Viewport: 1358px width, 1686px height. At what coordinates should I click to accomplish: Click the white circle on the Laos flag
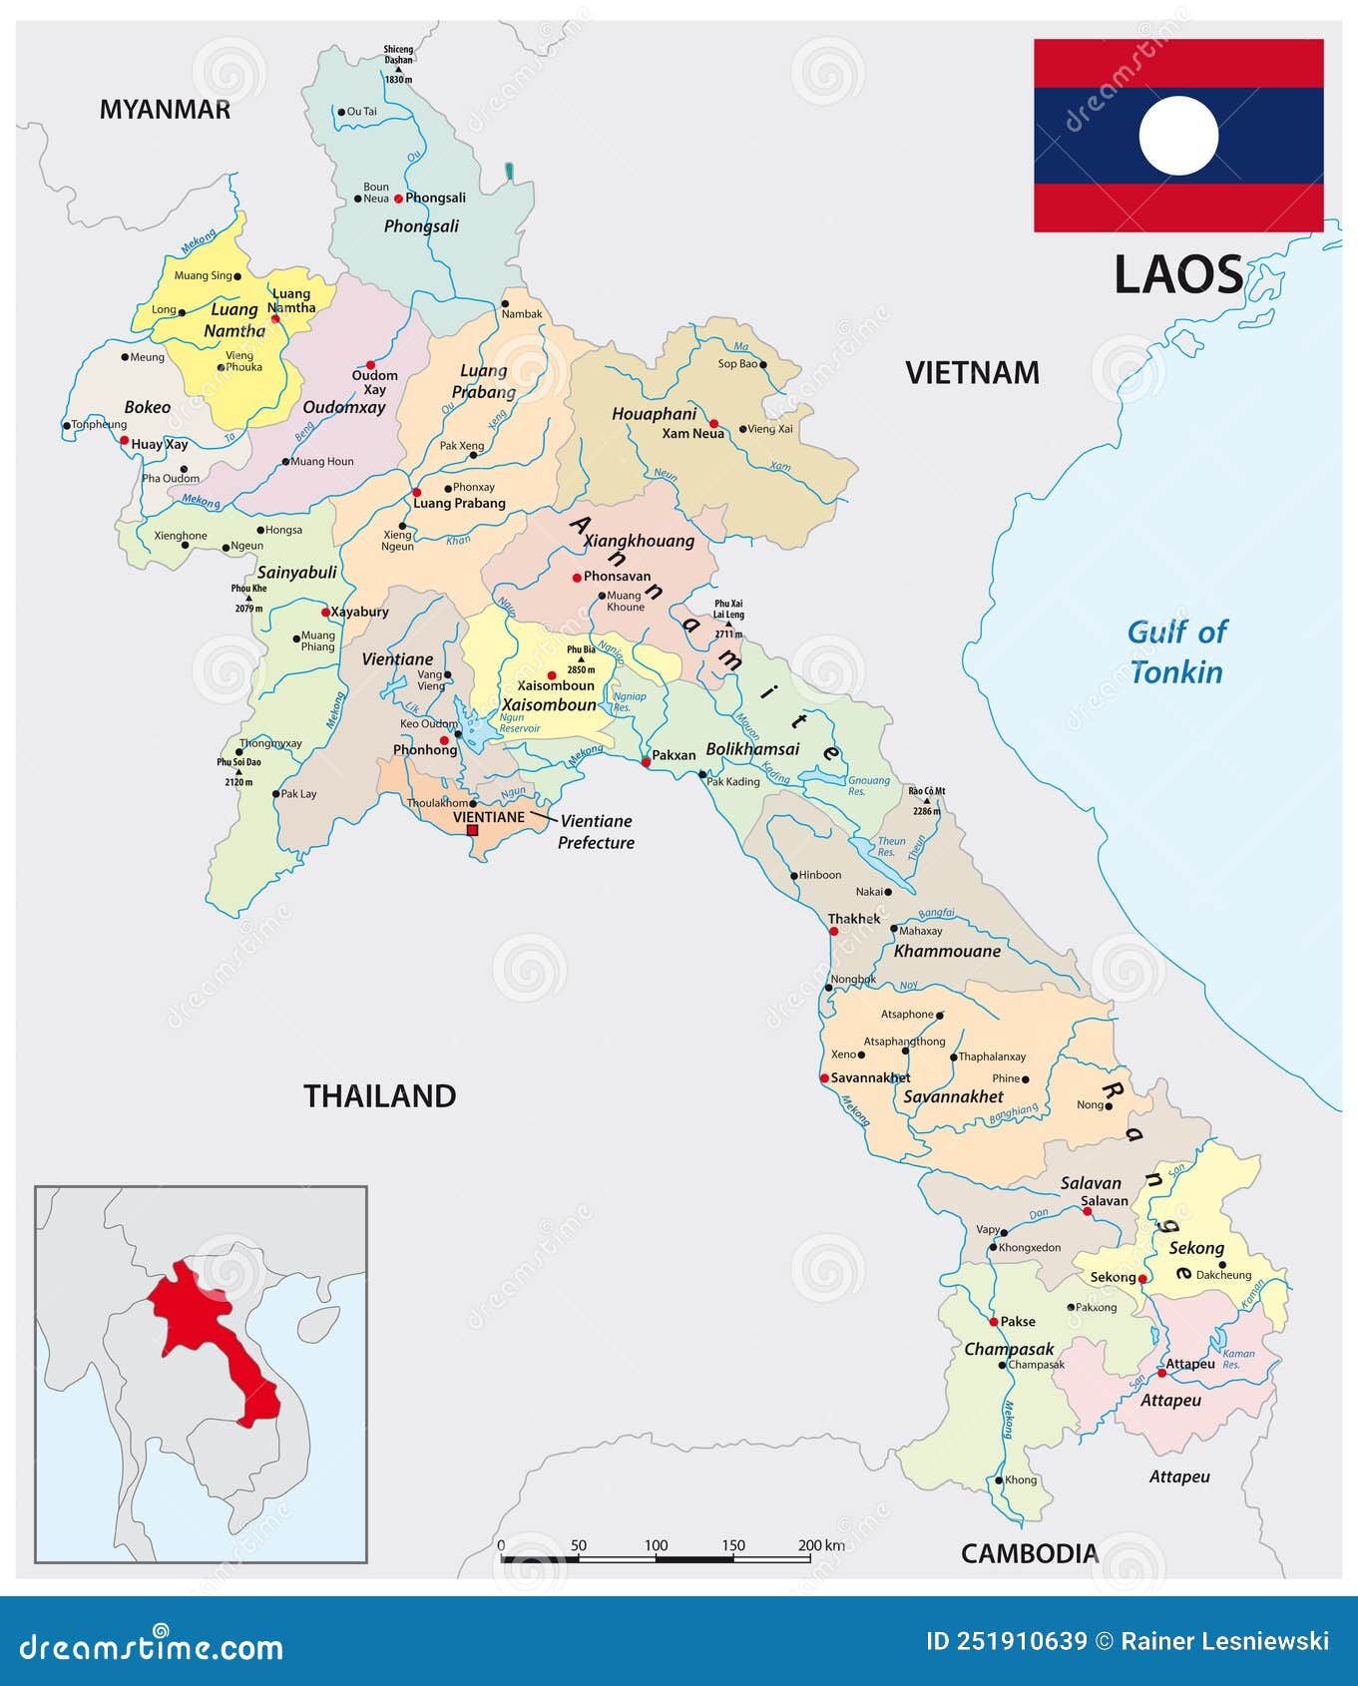(x=1178, y=136)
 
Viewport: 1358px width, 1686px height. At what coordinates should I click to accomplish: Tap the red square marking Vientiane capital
(x=473, y=830)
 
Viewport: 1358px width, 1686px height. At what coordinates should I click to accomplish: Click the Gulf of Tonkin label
(x=1176, y=651)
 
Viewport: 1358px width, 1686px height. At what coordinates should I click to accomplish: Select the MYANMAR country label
(x=165, y=110)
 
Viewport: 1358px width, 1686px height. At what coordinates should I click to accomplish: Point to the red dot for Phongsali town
(x=398, y=199)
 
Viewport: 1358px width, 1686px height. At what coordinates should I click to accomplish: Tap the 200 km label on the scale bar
(x=820, y=1545)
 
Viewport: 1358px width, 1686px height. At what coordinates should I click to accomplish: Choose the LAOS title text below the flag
(x=1178, y=275)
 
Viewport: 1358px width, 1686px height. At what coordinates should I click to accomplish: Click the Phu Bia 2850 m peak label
(x=581, y=658)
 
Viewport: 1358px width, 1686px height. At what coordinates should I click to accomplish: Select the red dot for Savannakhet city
(x=824, y=1077)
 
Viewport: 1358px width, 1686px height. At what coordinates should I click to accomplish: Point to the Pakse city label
(x=1017, y=1321)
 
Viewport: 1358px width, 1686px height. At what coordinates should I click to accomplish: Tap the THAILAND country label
(x=379, y=1095)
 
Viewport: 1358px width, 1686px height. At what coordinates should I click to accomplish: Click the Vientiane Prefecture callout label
(x=596, y=831)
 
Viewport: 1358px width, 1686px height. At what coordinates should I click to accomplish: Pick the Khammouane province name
(x=947, y=951)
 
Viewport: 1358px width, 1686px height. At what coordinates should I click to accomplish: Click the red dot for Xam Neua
(x=713, y=423)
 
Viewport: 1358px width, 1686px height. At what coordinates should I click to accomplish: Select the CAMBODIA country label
(x=1029, y=1552)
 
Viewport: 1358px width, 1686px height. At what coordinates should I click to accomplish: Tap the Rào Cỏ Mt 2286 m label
(x=926, y=800)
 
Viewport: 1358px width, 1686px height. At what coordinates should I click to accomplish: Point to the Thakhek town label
(x=854, y=918)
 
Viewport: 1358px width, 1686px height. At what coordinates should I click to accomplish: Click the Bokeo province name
(x=148, y=407)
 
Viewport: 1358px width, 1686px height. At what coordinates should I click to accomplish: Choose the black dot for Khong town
(x=998, y=1480)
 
